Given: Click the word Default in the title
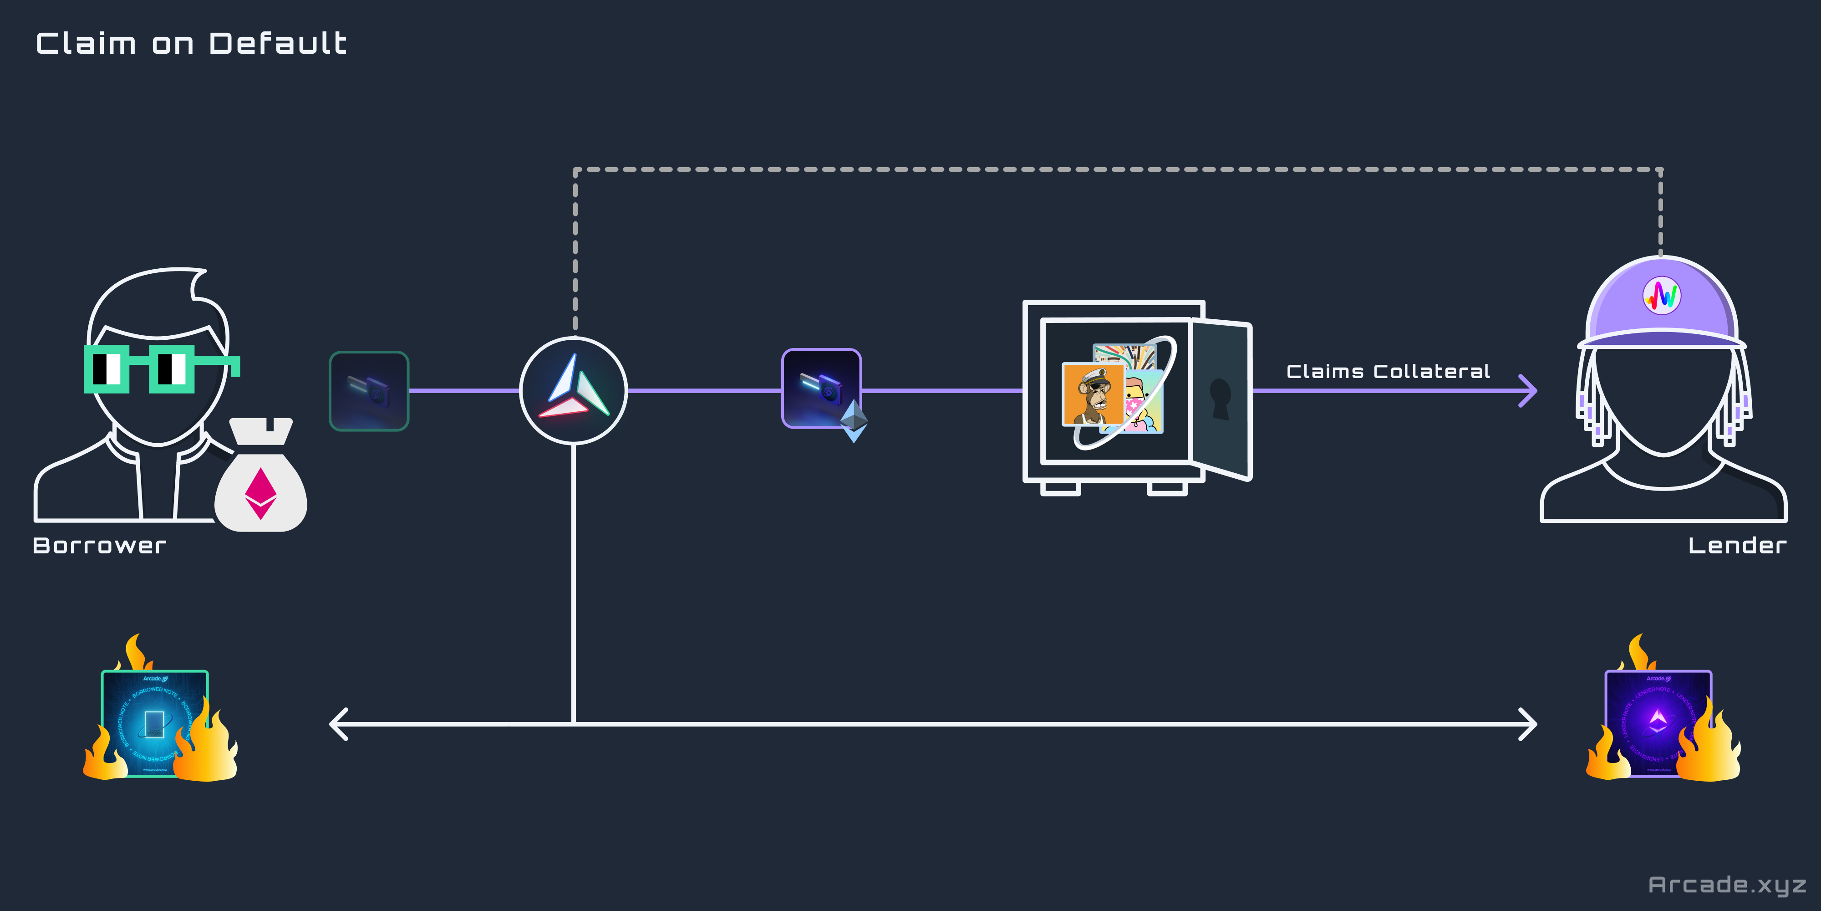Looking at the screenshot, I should coord(278,44).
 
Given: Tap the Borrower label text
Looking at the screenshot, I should coord(100,545).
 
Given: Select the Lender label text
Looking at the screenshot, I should coord(1737,545).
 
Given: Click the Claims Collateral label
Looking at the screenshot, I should coord(1388,371).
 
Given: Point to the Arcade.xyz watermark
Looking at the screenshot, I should coord(1726,885).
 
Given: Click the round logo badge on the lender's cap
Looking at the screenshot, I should coord(1661,295).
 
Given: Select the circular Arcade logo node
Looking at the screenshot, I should coord(573,390).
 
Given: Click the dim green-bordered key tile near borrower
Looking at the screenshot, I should coord(369,390).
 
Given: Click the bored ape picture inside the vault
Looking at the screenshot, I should coord(1093,394).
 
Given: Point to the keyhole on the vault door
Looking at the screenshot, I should coord(1220,398).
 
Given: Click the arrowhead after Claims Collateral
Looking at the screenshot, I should coord(1528,390).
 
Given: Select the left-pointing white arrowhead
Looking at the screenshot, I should coord(339,724).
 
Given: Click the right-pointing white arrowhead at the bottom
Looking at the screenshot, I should coord(1528,724).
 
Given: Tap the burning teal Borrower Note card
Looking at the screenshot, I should coord(155,723).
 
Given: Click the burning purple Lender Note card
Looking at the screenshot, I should coord(1658,723).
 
